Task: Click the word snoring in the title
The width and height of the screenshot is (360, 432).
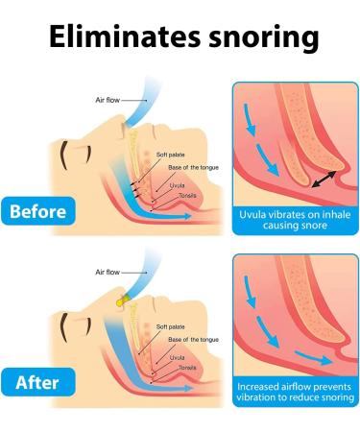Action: (x=258, y=37)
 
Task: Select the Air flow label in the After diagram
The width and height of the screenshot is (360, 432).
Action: (x=110, y=274)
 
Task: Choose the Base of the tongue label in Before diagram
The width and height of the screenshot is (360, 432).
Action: (x=189, y=168)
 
